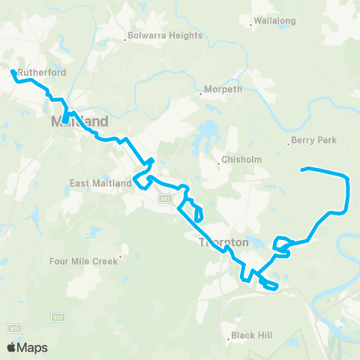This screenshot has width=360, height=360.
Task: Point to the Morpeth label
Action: point(226,90)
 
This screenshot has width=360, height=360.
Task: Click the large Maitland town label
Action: point(79,121)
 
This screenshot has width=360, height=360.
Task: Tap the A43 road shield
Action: point(164,198)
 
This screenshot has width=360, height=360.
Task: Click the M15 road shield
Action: point(14,328)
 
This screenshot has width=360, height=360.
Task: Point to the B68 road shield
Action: point(57,317)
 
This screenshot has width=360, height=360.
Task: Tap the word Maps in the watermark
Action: point(32,347)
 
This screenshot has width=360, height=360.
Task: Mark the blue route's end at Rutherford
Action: point(12,72)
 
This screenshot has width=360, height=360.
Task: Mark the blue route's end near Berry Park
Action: point(303,169)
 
